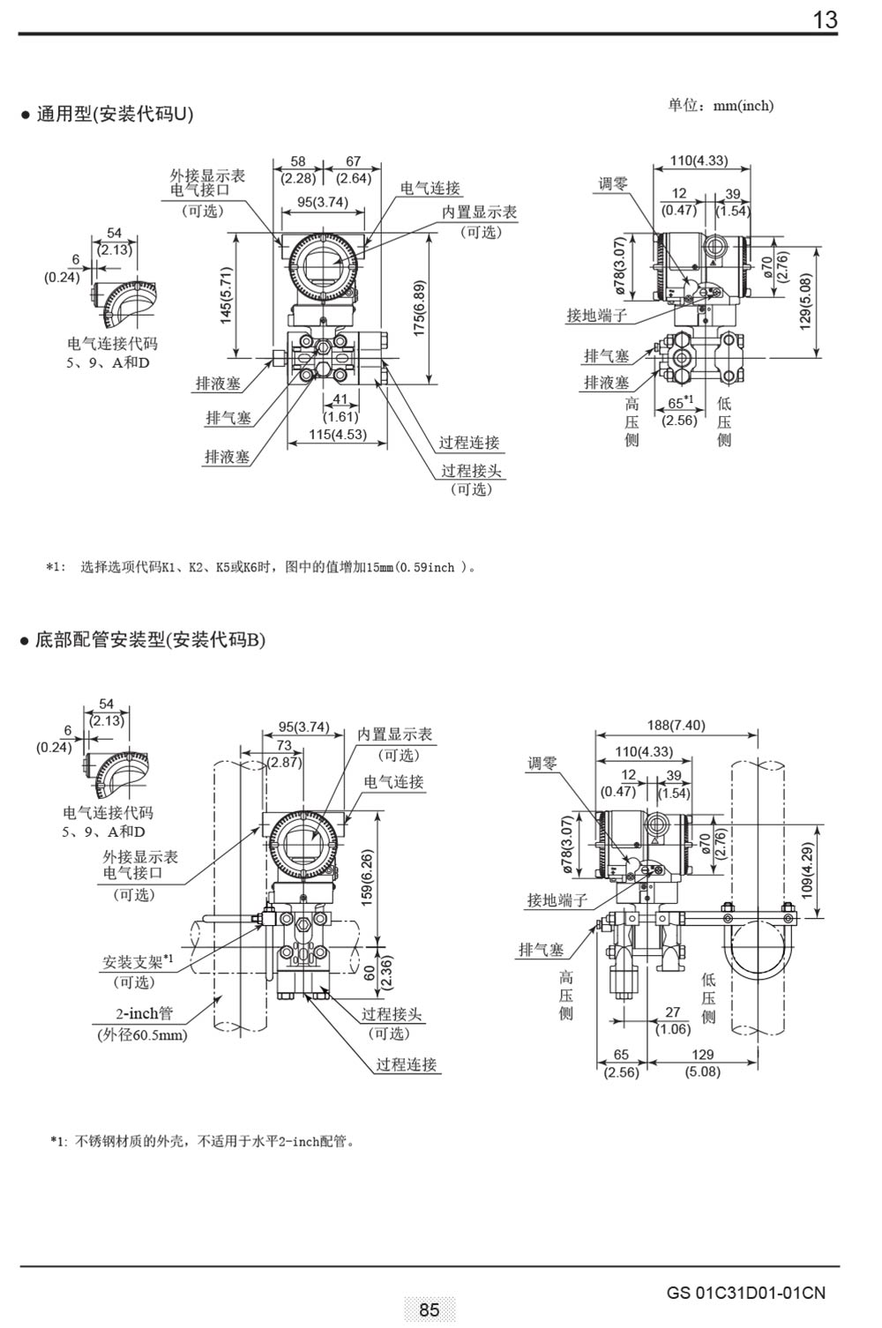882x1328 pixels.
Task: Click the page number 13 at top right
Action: tap(825, 19)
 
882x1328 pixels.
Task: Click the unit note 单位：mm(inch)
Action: tap(720, 106)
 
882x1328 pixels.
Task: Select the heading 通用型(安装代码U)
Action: tap(115, 114)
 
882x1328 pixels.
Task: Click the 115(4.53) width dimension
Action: tap(337, 434)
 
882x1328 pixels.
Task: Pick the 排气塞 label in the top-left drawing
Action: tap(228, 418)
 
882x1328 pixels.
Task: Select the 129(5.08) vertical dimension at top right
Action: tap(804, 301)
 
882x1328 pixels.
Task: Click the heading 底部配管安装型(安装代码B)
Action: tap(150, 639)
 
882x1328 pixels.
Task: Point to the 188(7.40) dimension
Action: tap(676, 725)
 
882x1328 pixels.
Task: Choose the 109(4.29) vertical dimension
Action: tap(807, 871)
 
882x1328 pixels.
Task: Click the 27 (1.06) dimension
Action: tap(673, 1021)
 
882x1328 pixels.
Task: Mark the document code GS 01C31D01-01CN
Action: tap(746, 1293)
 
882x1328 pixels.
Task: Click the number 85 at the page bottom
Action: tap(430, 1309)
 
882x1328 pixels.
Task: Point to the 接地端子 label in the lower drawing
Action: tap(557, 899)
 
